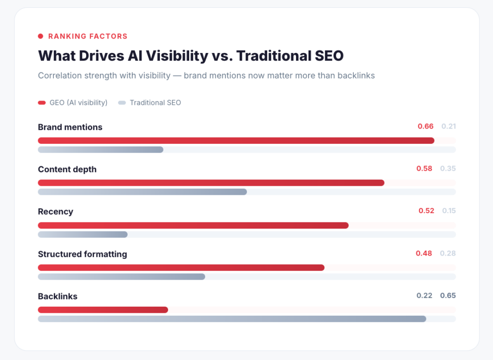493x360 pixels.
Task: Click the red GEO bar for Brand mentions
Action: tap(236, 141)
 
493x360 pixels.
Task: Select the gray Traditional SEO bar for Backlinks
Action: tap(232, 319)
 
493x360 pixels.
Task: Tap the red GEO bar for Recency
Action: tap(193, 225)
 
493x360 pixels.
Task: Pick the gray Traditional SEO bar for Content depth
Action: tap(142, 192)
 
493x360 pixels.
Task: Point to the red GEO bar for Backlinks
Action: tap(103, 310)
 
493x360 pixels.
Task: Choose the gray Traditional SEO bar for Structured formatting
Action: tap(121, 276)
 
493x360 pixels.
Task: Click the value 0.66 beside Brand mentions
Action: tap(425, 127)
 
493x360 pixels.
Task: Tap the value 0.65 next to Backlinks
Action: tap(448, 296)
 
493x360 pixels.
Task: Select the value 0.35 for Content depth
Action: tap(448, 168)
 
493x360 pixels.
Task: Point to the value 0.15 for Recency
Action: tap(449, 211)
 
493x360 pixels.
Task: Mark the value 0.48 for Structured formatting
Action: tap(424, 253)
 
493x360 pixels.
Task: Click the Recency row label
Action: tap(55, 212)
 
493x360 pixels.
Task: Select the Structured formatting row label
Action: tap(82, 254)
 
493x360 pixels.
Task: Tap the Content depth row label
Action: tap(67, 169)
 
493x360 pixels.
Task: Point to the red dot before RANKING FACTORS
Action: tap(40, 36)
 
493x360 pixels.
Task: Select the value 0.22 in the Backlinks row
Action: tap(424, 296)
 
